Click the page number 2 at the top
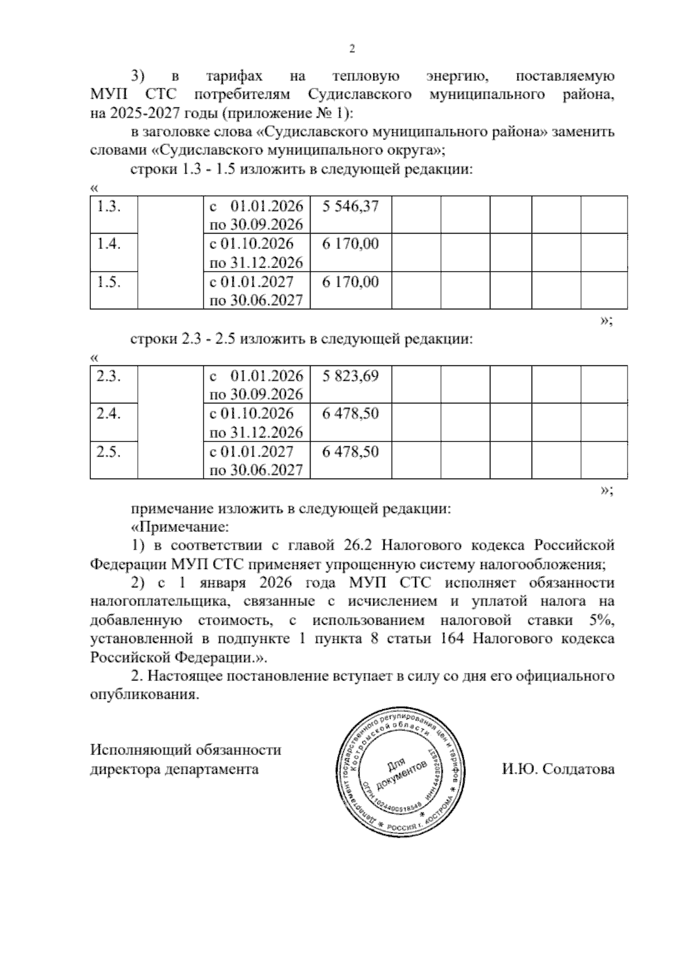point(353,49)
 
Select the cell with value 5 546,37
point(350,206)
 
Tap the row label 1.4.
point(109,244)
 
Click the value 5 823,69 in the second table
point(350,376)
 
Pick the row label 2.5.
point(109,452)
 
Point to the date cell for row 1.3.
point(257,215)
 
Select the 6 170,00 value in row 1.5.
point(350,282)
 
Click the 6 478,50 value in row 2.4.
point(350,414)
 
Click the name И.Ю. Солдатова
point(558,769)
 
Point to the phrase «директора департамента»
point(175,769)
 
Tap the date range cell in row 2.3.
point(257,384)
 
